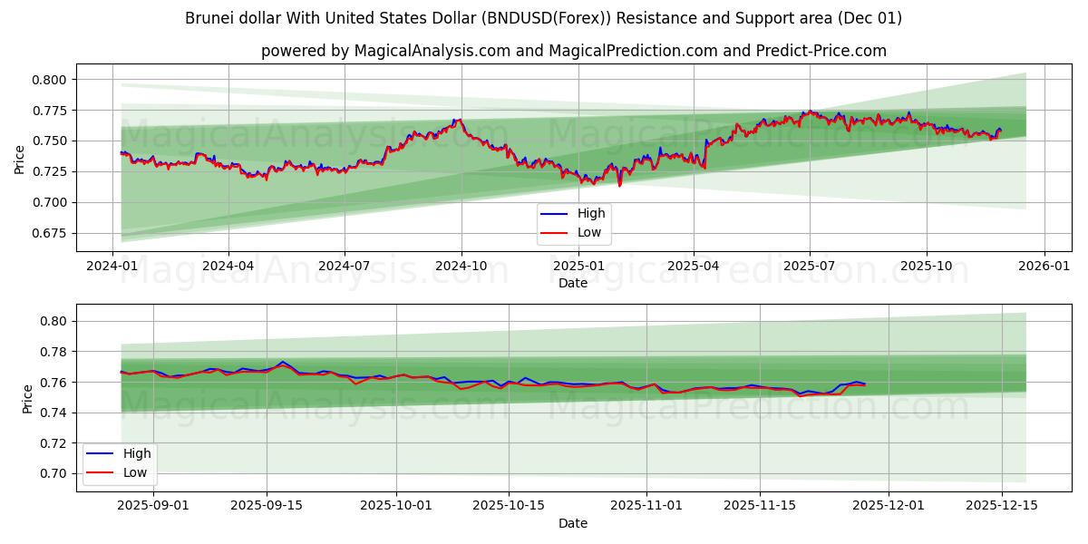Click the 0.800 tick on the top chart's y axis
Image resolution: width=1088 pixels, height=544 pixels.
[50, 80]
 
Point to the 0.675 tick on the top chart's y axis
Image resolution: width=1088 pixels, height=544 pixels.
[50, 233]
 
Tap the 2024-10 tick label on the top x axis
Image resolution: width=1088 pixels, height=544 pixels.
[461, 267]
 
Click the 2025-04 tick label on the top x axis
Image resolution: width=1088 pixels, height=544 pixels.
[693, 267]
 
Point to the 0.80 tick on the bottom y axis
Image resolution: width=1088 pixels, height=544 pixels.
[53, 321]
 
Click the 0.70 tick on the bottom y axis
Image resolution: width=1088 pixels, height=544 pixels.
[53, 473]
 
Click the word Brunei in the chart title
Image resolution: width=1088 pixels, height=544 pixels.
[209, 18]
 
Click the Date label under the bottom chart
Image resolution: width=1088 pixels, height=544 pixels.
[572, 523]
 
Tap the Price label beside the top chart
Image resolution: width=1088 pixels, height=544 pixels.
[20, 158]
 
